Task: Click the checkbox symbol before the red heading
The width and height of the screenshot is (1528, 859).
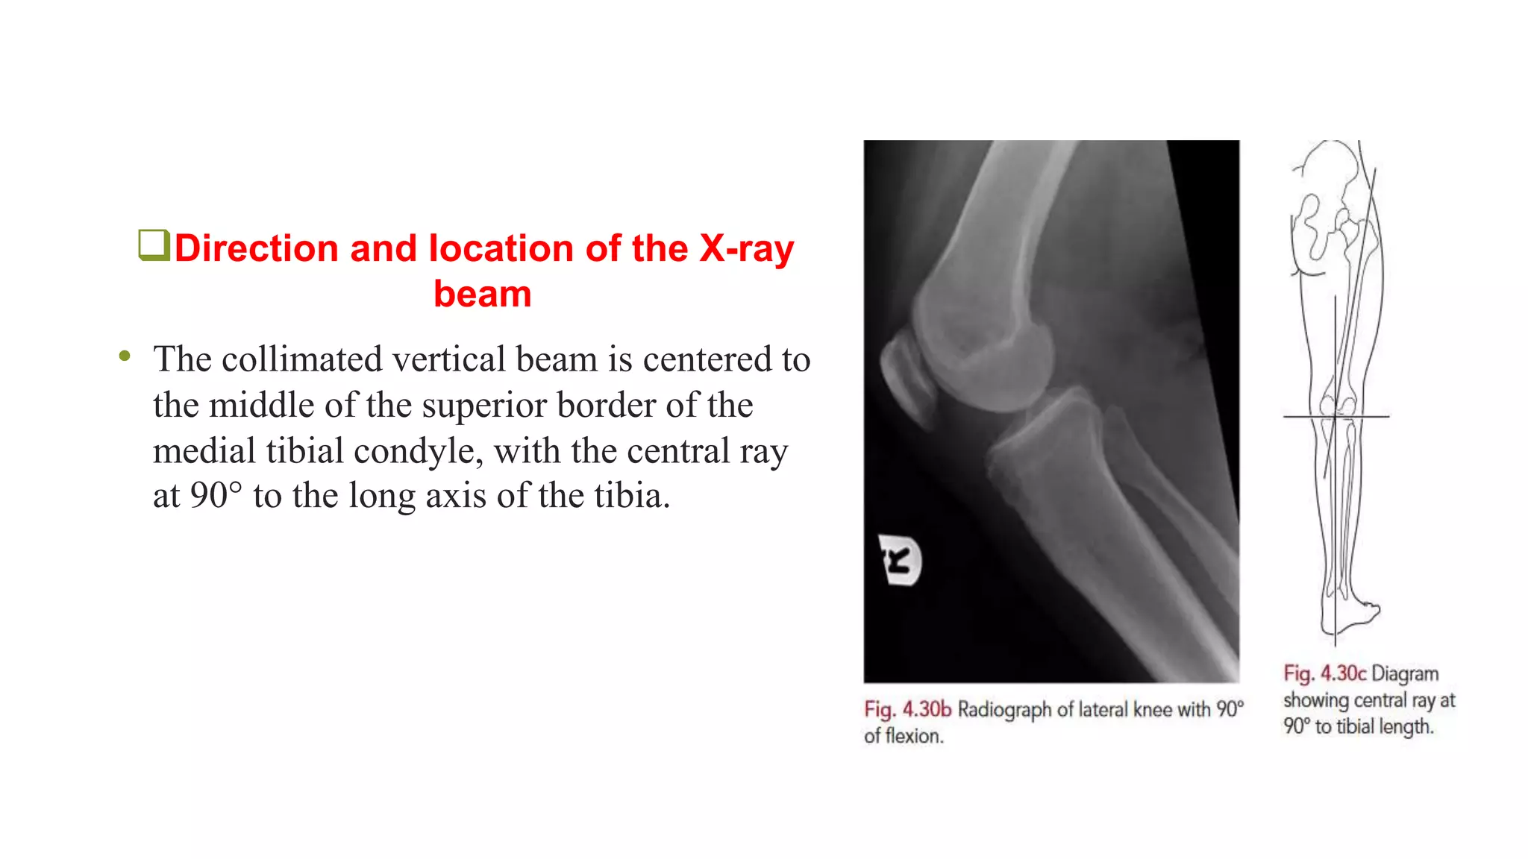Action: click(x=154, y=245)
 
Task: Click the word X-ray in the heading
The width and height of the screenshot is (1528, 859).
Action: click(x=746, y=249)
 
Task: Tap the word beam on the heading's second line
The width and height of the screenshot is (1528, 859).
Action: click(x=482, y=294)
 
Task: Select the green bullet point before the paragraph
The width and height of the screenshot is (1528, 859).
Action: click(x=125, y=356)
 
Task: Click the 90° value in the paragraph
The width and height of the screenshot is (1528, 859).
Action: click(x=216, y=496)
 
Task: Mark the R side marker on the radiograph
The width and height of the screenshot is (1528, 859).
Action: click(x=901, y=560)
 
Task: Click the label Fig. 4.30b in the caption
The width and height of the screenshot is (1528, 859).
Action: click(x=907, y=709)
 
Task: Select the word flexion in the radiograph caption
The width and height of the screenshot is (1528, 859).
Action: click(x=914, y=736)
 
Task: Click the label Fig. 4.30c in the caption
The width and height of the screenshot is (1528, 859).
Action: click(x=1324, y=673)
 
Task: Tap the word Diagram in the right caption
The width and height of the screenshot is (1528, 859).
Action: click(x=1405, y=673)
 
